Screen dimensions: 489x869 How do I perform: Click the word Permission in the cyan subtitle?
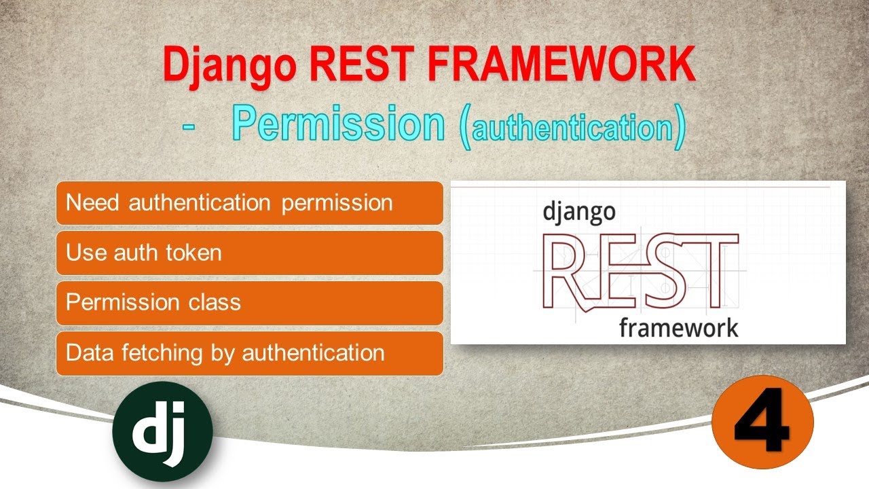pyautogui.click(x=338, y=124)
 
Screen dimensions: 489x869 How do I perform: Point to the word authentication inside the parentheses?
pyautogui.click(x=572, y=128)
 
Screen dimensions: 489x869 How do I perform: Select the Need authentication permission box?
pyautogui.click(x=249, y=203)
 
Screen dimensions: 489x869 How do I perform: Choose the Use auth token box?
pyautogui.click(x=249, y=253)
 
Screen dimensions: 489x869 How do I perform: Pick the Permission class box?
pyautogui.click(x=249, y=302)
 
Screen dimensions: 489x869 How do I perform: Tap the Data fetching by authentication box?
pyautogui.click(x=249, y=353)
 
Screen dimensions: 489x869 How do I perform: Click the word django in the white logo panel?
pyautogui.click(x=579, y=212)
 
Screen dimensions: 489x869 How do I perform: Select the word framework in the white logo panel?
pyautogui.click(x=678, y=327)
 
